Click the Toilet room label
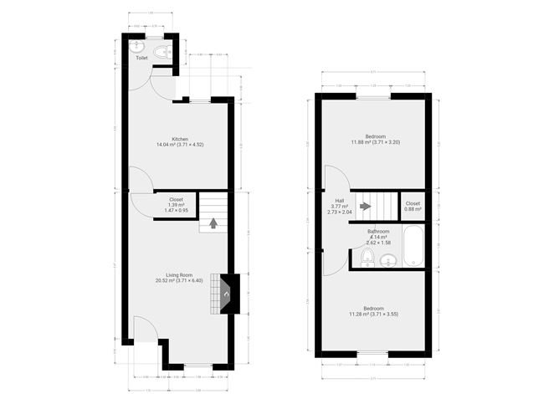point(141,59)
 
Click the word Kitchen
point(180,139)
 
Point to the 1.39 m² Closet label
point(177,199)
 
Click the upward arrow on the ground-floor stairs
point(213,223)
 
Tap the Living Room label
point(180,275)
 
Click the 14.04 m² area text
point(180,145)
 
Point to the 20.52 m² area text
point(180,281)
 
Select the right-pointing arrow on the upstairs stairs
point(364,206)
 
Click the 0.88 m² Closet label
point(413,206)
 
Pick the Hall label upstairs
point(340,201)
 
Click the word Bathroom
point(378,231)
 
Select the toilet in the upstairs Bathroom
point(367,257)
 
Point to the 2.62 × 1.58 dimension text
point(378,243)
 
